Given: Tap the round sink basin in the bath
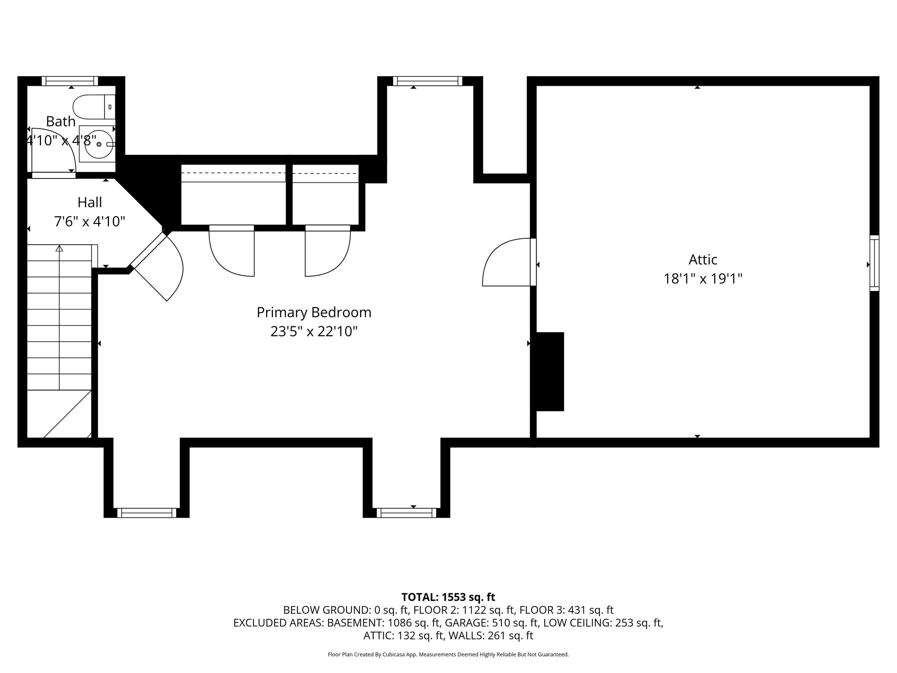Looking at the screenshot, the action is [98, 144].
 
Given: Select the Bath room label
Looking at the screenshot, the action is [61, 121].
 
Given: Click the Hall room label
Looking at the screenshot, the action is [90, 202].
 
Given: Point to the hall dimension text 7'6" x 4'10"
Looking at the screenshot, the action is [90, 222].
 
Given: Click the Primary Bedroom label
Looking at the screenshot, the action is [314, 312].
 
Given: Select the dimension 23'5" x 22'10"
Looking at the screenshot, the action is [314, 332].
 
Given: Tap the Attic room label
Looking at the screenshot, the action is [703, 260].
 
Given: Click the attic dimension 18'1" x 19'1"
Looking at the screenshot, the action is [703, 279].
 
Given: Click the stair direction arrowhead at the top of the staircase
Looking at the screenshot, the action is [59, 248].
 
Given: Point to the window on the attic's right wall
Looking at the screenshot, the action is [874, 263].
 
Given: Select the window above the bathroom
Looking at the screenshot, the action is [70, 81].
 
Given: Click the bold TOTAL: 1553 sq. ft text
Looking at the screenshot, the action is [448, 597].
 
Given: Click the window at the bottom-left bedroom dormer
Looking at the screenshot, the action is [147, 513].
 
